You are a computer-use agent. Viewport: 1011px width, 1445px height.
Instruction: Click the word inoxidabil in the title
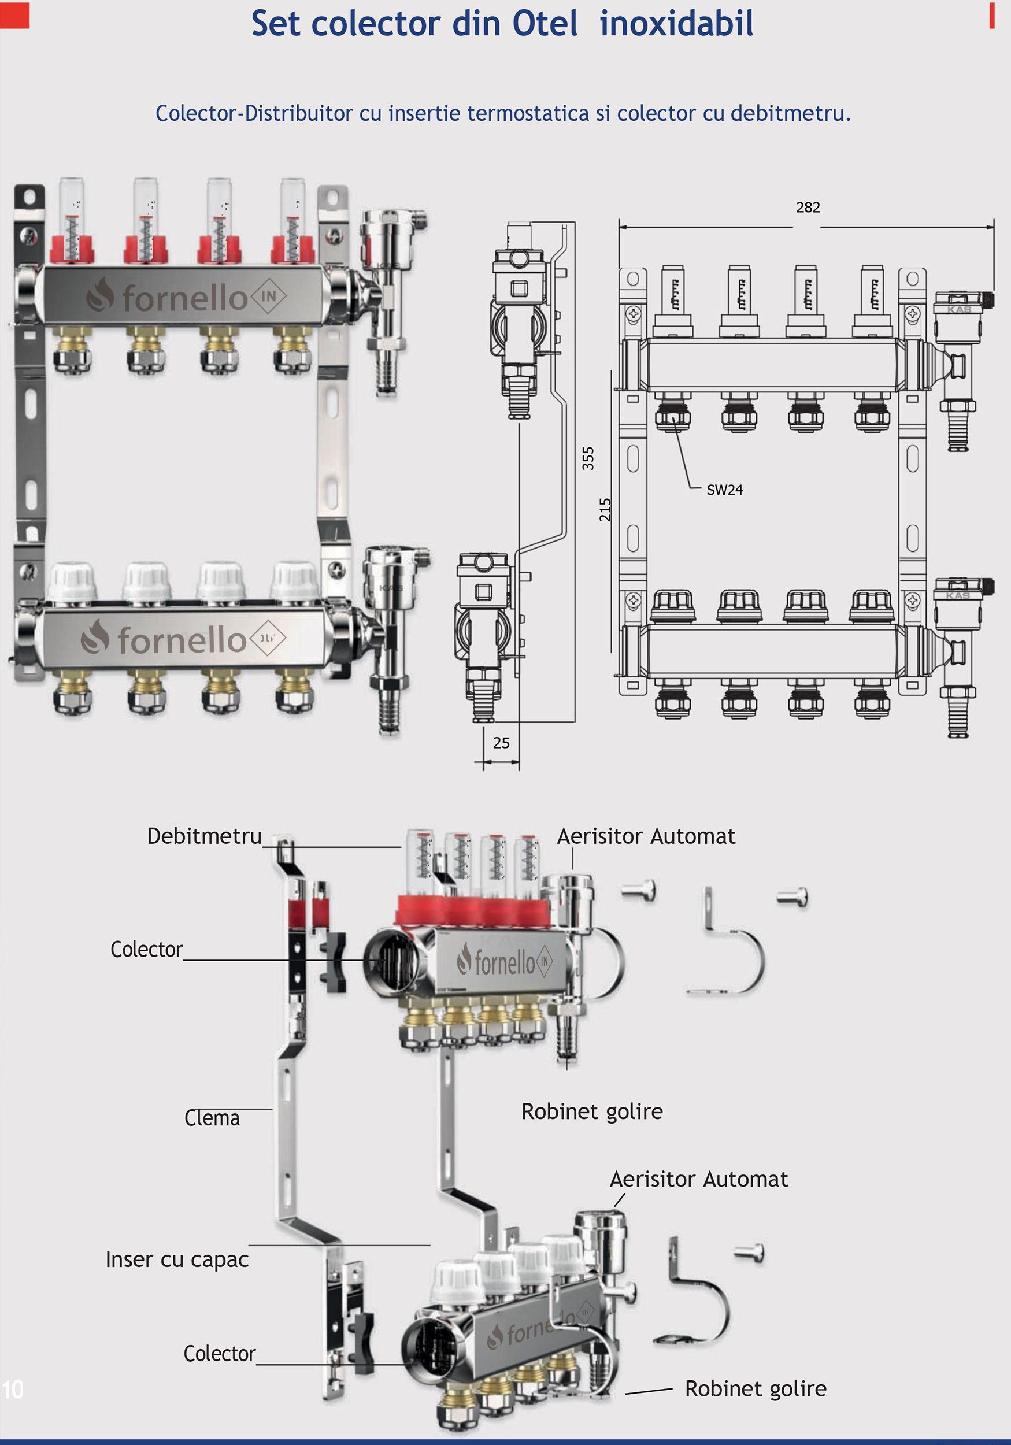[676, 24]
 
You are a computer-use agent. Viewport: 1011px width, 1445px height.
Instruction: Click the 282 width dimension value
[808, 208]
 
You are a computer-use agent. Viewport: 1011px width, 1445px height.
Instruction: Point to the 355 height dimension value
[588, 458]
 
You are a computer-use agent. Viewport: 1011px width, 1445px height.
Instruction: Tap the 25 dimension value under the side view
[501, 743]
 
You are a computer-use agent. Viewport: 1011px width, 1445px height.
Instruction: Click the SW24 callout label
[724, 490]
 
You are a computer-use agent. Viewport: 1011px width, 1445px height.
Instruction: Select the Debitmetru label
[204, 836]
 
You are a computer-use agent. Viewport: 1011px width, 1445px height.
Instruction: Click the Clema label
[212, 1118]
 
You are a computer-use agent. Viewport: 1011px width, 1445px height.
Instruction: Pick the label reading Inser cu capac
[177, 1259]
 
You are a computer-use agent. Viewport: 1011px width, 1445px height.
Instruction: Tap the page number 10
[13, 1390]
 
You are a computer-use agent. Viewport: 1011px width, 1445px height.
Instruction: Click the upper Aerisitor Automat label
[646, 836]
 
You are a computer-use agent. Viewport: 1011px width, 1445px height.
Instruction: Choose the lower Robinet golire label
[756, 1388]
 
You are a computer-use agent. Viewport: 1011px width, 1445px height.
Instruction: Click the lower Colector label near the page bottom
[219, 1354]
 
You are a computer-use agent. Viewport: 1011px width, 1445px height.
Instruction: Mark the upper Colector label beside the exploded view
[146, 949]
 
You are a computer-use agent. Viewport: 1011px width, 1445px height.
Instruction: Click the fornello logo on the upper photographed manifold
[186, 297]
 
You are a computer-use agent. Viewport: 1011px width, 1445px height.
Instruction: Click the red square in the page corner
[14, 16]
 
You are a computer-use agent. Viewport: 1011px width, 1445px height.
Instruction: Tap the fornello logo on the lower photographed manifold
[183, 639]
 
